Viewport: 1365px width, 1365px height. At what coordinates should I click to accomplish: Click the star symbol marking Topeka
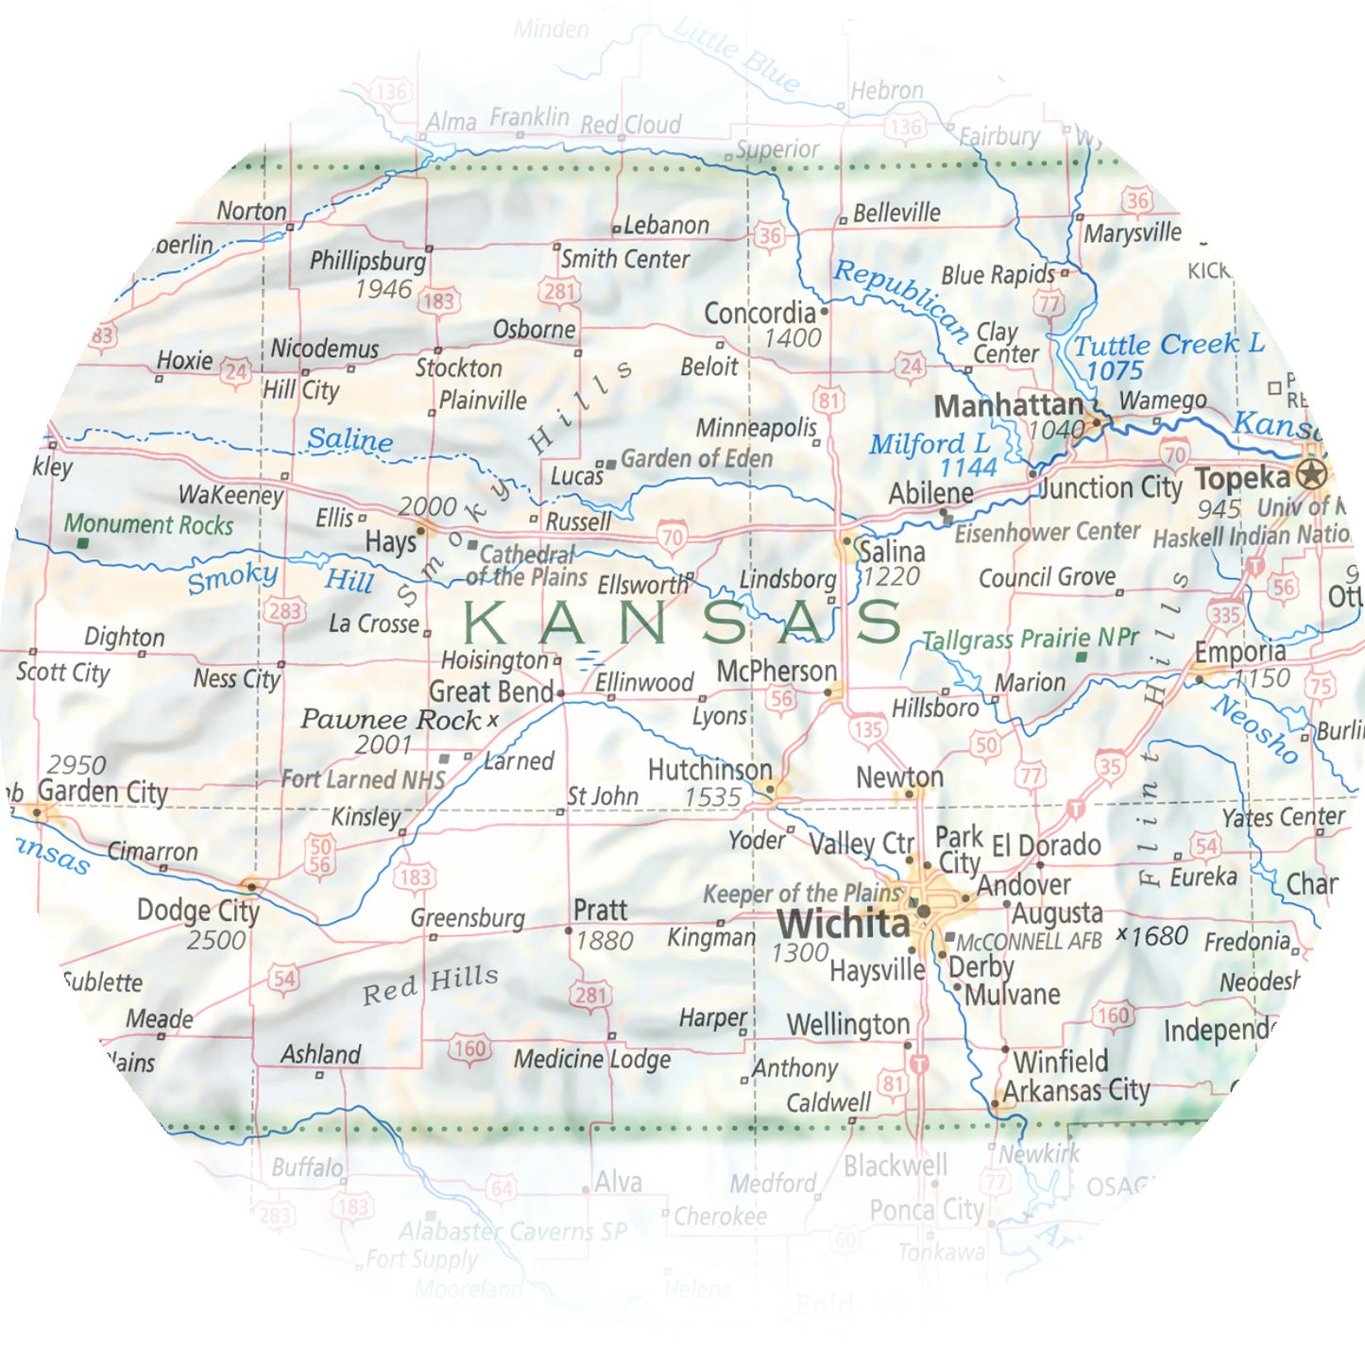pyautogui.click(x=1311, y=474)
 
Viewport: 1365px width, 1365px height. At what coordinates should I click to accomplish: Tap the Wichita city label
pyautogui.click(x=843, y=923)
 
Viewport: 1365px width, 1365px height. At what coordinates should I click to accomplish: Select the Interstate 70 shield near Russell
pyautogui.click(x=672, y=537)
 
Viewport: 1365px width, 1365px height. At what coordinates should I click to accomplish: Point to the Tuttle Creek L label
pyautogui.click(x=1169, y=345)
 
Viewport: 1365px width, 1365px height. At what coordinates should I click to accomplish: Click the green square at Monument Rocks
pyautogui.click(x=83, y=543)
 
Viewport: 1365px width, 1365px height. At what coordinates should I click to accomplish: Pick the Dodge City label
pyautogui.click(x=197, y=911)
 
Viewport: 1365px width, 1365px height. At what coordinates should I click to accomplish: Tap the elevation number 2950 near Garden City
pyautogui.click(x=77, y=764)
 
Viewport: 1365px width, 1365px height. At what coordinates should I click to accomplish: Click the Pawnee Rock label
pyautogui.click(x=390, y=720)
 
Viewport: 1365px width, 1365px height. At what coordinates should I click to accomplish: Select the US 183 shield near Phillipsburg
pyautogui.click(x=437, y=301)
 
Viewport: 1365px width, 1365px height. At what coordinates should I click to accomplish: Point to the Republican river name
pyautogui.click(x=901, y=299)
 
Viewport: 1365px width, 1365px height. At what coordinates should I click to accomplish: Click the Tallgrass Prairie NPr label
pyautogui.click(x=1030, y=640)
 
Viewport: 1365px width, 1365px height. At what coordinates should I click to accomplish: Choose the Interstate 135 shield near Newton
pyautogui.click(x=866, y=729)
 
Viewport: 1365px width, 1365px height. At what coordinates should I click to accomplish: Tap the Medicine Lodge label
pyautogui.click(x=591, y=1059)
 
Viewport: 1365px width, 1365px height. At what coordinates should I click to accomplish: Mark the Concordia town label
pyautogui.click(x=759, y=313)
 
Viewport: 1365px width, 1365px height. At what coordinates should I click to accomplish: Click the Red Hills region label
pyautogui.click(x=431, y=983)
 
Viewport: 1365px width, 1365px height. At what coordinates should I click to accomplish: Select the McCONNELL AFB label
pyautogui.click(x=1029, y=942)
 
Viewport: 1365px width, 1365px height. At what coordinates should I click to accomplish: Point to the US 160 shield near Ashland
pyautogui.click(x=469, y=1049)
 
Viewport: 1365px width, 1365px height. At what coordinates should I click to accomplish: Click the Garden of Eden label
pyautogui.click(x=696, y=459)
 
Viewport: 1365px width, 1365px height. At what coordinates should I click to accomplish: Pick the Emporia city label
pyautogui.click(x=1239, y=652)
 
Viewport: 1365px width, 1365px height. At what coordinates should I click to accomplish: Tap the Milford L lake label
pyautogui.click(x=930, y=443)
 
